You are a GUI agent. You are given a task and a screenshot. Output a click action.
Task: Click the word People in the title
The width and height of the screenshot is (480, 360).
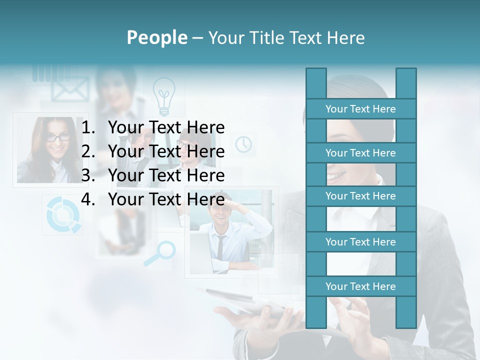click(157, 37)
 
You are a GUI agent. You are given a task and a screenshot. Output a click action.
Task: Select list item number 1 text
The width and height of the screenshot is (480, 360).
click(166, 127)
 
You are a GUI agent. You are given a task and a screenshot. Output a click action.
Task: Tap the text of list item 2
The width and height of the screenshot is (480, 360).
click(166, 151)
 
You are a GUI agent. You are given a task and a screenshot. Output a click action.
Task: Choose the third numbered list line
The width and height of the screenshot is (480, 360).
click(166, 175)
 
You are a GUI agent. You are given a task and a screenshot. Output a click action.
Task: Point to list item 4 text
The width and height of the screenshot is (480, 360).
click(166, 199)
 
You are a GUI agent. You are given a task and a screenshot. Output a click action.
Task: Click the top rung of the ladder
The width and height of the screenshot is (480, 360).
click(360, 109)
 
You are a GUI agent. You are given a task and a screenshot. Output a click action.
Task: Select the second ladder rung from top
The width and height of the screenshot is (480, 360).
click(360, 153)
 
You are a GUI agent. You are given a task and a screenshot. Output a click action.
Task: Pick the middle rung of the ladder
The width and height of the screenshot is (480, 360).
click(360, 196)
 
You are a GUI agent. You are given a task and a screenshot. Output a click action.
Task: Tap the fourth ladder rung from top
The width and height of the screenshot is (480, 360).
click(360, 242)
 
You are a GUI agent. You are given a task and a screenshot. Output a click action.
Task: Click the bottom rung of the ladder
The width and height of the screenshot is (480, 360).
click(360, 286)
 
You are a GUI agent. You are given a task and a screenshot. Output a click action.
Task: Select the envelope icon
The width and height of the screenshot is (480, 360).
click(70, 90)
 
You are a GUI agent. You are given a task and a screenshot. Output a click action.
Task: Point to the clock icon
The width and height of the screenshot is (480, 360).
click(243, 144)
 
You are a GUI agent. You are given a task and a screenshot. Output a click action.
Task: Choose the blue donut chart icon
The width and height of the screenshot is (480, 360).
click(62, 215)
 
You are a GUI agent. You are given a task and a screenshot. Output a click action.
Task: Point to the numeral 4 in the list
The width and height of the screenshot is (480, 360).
click(87, 199)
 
